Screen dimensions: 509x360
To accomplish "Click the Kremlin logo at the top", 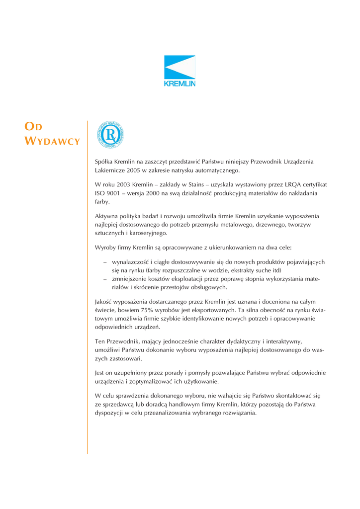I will (180, 71).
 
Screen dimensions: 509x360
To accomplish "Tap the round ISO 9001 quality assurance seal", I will (109, 135).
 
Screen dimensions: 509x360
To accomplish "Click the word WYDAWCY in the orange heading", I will (52, 141).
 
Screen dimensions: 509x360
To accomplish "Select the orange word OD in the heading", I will (34, 127).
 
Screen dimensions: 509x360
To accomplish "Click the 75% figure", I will (161, 310).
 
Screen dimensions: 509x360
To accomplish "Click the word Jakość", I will (104, 301).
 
